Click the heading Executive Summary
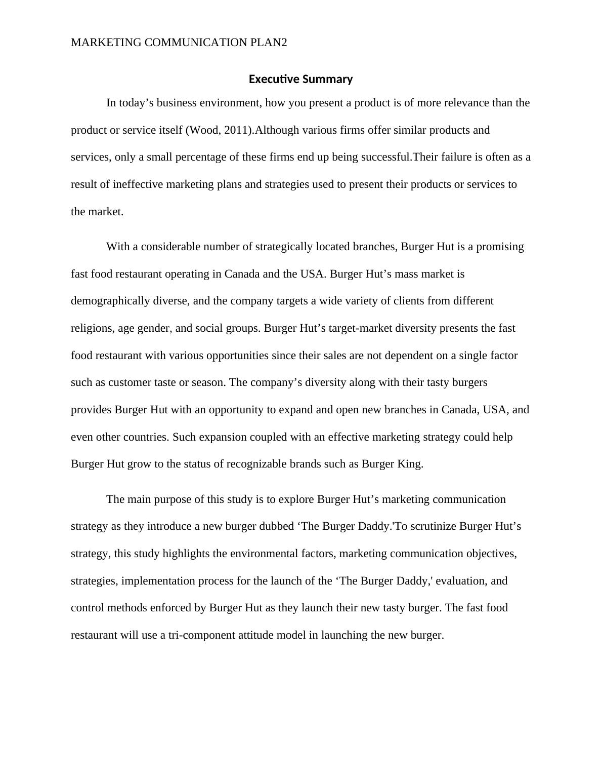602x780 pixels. pyautogui.click(x=300, y=80)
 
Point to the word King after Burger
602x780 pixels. pyautogui.click(x=410, y=464)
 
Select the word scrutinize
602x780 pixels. pyautogui.click(x=433, y=526)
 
